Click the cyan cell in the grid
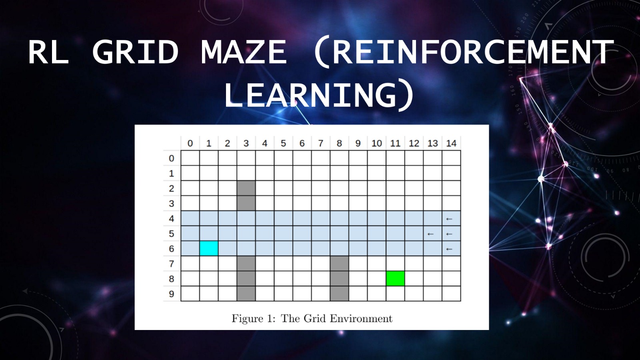pyautogui.click(x=209, y=248)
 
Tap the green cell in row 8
pyautogui.click(x=396, y=278)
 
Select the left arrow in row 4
pyautogui.click(x=449, y=219)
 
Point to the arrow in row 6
pyautogui.click(x=449, y=249)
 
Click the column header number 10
pyautogui.click(x=376, y=144)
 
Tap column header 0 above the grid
pyautogui.click(x=190, y=144)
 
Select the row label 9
pyautogui.click(x=172, y=294)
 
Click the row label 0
pyautogui.click(x=172, y=158)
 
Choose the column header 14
pyautogui.click(x=451, y=144)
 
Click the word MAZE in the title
pyautogui.click(x=244, y=52)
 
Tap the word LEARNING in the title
pyautogui.click(x=311, y=94)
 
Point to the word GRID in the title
pyautogui.click(x=136, y=52)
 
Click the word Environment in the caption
pyautogui.click(x=361, y=318)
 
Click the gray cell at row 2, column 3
pyautogui.click(x=246, y=188)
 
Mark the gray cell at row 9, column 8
pyautogui.click(x=340, y=294)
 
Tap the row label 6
pyautogui.click(x=172, y=249)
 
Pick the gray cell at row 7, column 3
pyautogui.click(x=246, y=264)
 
